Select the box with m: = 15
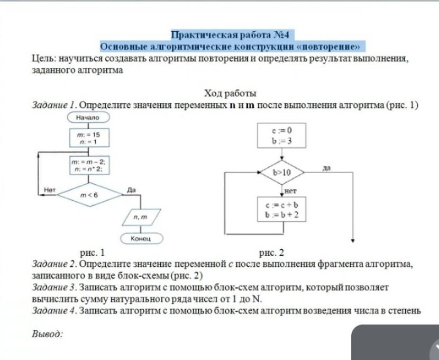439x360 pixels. (88, 138)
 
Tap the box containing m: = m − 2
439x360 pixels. (88, 163)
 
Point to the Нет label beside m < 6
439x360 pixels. (50, 189)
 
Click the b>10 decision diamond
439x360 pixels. (281, 173)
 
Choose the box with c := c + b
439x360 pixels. (282, 210)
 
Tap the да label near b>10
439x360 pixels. (326, 168)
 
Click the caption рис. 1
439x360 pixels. (92, 253)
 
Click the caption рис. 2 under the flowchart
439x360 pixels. (271, 253)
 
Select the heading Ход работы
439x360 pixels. (223, 94)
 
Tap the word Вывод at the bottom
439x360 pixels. (48, 334)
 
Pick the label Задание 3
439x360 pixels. (54, 287)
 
